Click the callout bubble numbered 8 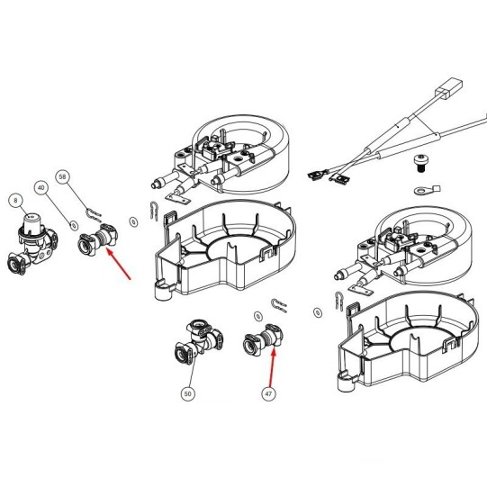pos(15,201)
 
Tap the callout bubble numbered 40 pos(41,187)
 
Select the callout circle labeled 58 pos(62,176)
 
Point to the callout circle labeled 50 pos(187,393)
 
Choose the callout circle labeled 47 pos(268,393)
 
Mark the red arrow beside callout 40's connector pos(118,264)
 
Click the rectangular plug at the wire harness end pos(449,89)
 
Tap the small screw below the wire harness pos(419,163)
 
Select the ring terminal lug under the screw pos(427,189)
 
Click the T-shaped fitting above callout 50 pos(198,341)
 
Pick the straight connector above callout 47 pos(264,340)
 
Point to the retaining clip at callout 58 pos(93,214)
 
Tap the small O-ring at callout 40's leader pos(74,226)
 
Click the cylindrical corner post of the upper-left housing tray pos(162,290)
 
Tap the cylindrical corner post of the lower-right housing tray pos(346,381)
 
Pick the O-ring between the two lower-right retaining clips pos(318,312)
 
